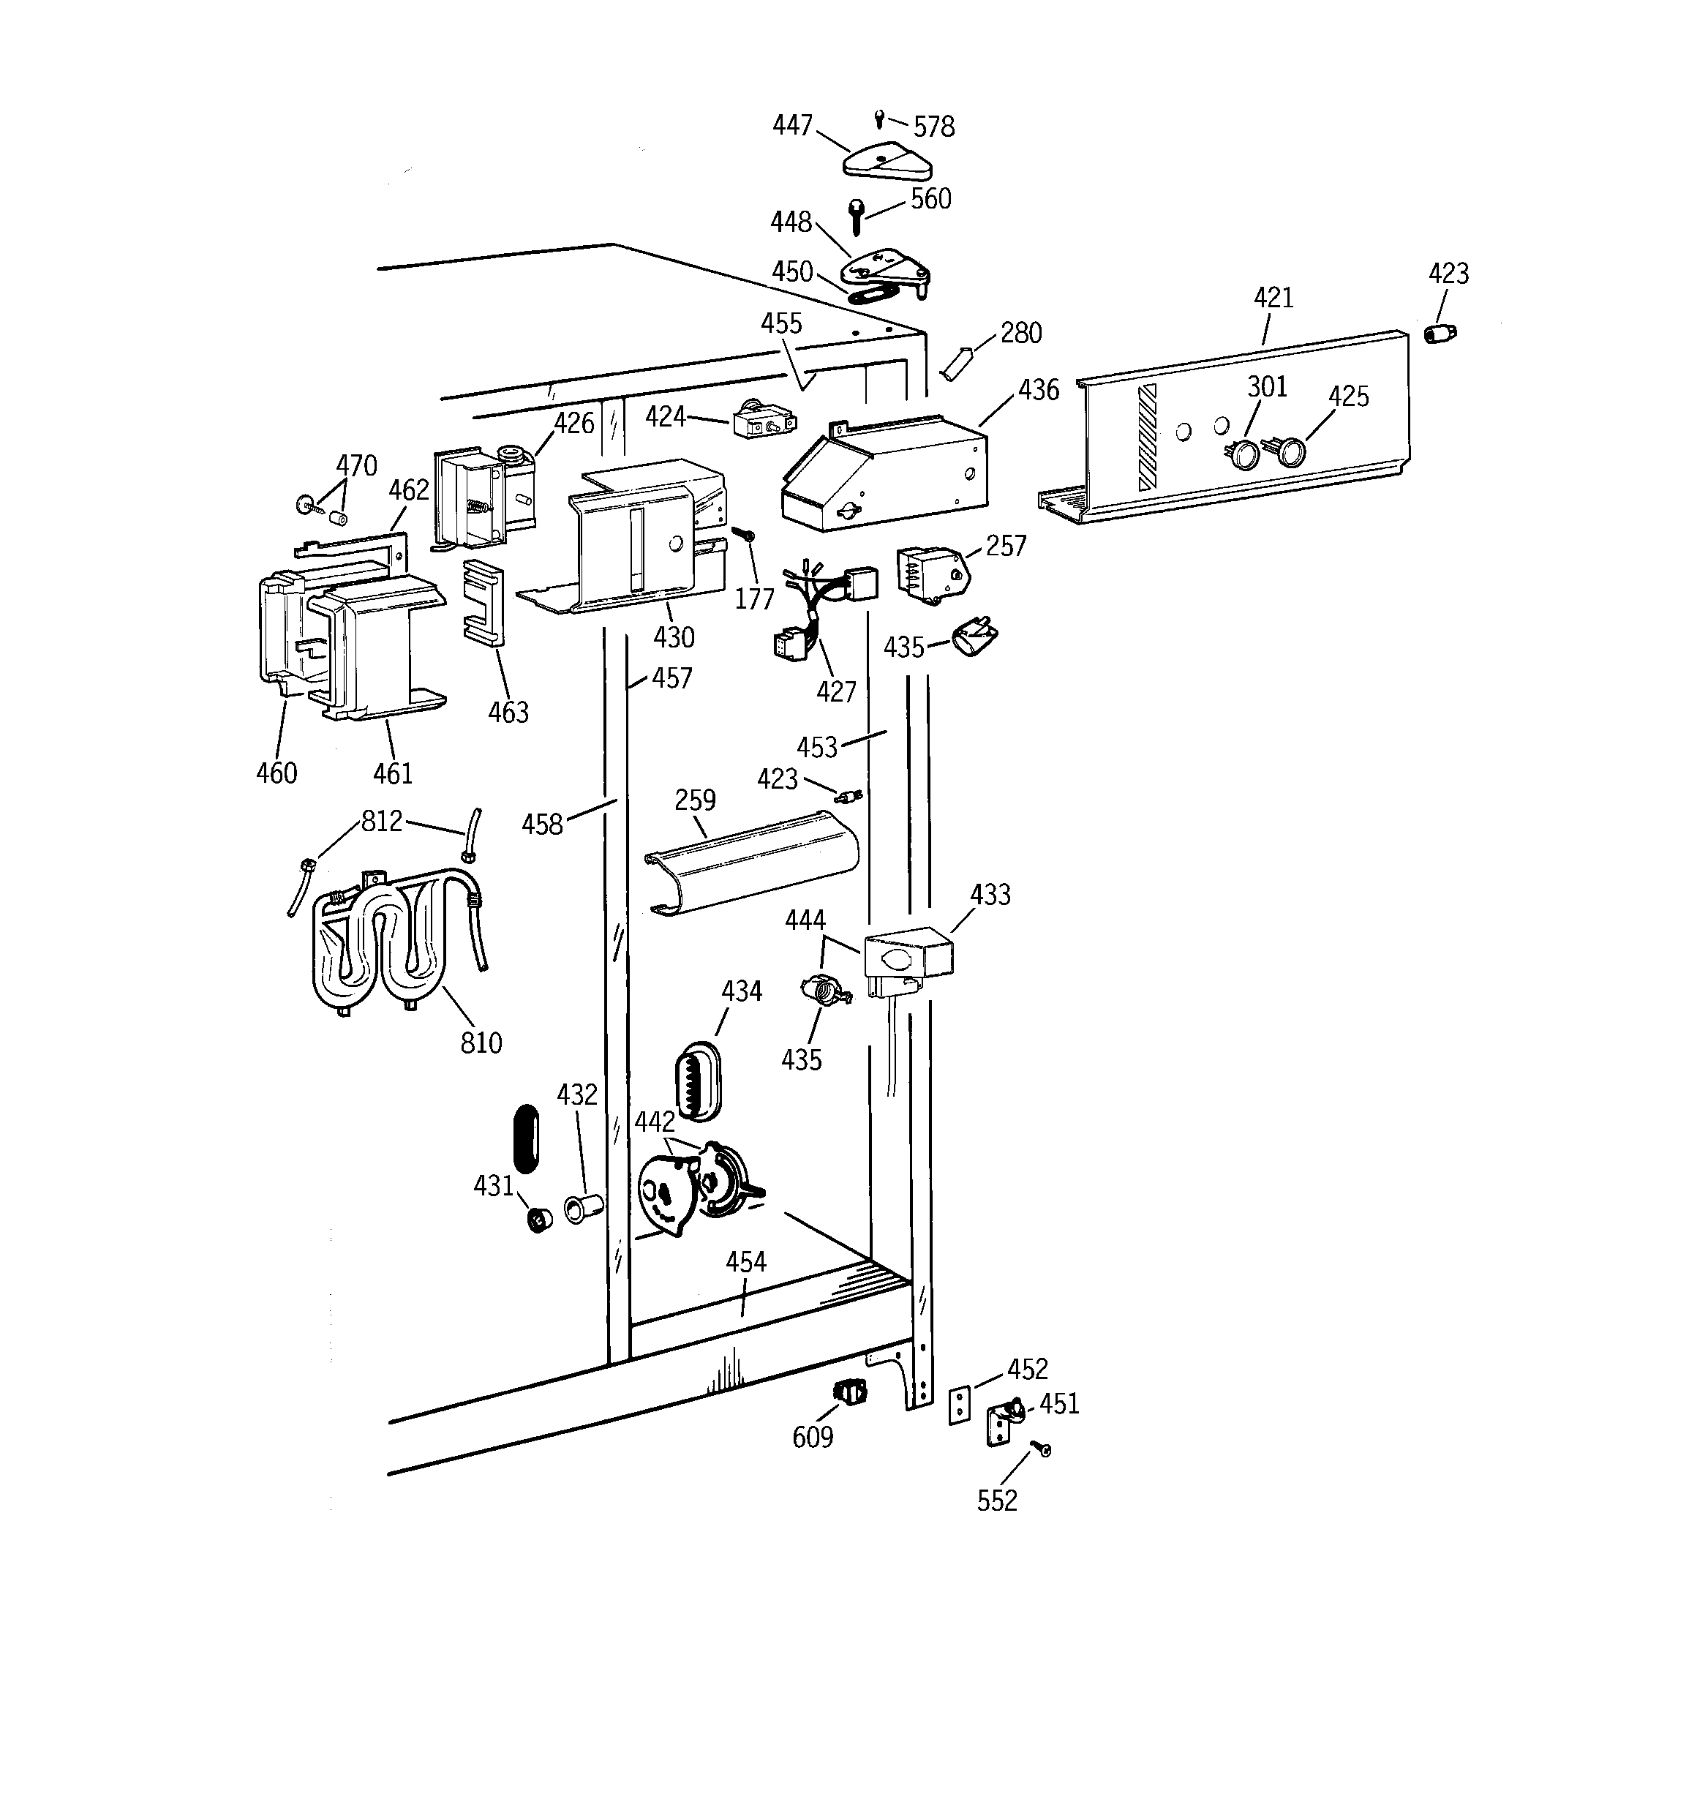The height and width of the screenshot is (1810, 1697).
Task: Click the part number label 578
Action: point(934,127)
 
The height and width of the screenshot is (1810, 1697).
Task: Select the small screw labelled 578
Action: point(879,118)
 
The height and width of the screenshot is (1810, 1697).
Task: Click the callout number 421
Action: point(1273,298)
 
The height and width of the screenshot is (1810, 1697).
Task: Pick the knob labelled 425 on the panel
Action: point(1290,451)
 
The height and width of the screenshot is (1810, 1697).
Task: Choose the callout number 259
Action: point(695,800)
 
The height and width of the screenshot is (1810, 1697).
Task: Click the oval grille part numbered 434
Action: point(697,1081)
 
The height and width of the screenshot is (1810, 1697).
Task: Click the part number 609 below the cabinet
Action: point(812,1437)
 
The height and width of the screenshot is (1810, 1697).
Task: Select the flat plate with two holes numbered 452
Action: point(959,1405)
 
